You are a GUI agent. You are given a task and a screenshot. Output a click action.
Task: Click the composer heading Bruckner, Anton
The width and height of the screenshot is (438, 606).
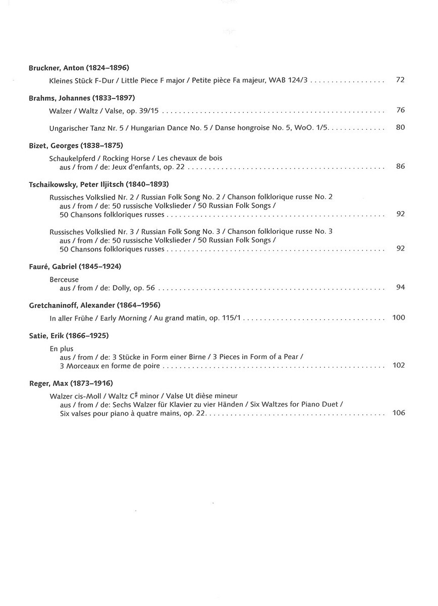pyautogui.click(x=79, y=67)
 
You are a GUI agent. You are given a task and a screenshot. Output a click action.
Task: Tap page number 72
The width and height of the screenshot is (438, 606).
pyautogui.click(x=401, y=80)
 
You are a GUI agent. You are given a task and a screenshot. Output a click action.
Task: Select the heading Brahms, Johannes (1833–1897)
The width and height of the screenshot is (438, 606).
pyautogui.click(x=82, y=97)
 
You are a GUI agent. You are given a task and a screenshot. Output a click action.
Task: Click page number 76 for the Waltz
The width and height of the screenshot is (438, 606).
pyautogui.click(x=401, y=110)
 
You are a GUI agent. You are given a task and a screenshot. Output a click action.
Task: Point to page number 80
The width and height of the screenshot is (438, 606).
pyautogui.click(x=401, y=127)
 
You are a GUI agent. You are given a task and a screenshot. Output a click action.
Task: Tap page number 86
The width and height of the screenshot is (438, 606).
pyautogui.click(x=401, y=166)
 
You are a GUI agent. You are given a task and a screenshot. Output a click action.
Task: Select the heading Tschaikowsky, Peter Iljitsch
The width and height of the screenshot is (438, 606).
pyautogui.click(x=99, y=184)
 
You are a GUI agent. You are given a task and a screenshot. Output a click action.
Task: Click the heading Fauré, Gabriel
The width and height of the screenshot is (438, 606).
pyautogui.click(x=75, y=266)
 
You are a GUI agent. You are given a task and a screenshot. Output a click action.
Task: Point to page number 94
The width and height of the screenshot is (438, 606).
pyautogui.click(x=401, y=287)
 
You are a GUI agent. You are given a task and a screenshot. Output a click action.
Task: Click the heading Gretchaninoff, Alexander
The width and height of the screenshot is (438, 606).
pyautogui.click(x=94, y=305)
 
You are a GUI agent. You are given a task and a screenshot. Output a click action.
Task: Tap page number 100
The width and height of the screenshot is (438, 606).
pyautogui.click(x=399, y=318)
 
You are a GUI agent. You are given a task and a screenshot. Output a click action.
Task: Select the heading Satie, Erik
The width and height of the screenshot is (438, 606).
pyautogui.click(x=69, y=335)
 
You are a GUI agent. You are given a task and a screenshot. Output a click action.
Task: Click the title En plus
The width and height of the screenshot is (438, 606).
pyautogui.click(x=62, y=348)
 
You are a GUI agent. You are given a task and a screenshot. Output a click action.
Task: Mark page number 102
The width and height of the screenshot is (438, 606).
pyautogui.click(x=399, y=365)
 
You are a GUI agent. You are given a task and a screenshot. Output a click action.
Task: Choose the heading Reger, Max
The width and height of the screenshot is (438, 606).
pyautogui.click(x=71, y=383)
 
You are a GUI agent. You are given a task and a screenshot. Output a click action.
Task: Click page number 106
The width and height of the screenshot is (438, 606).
pyautogui.click(x=399, y=413)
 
